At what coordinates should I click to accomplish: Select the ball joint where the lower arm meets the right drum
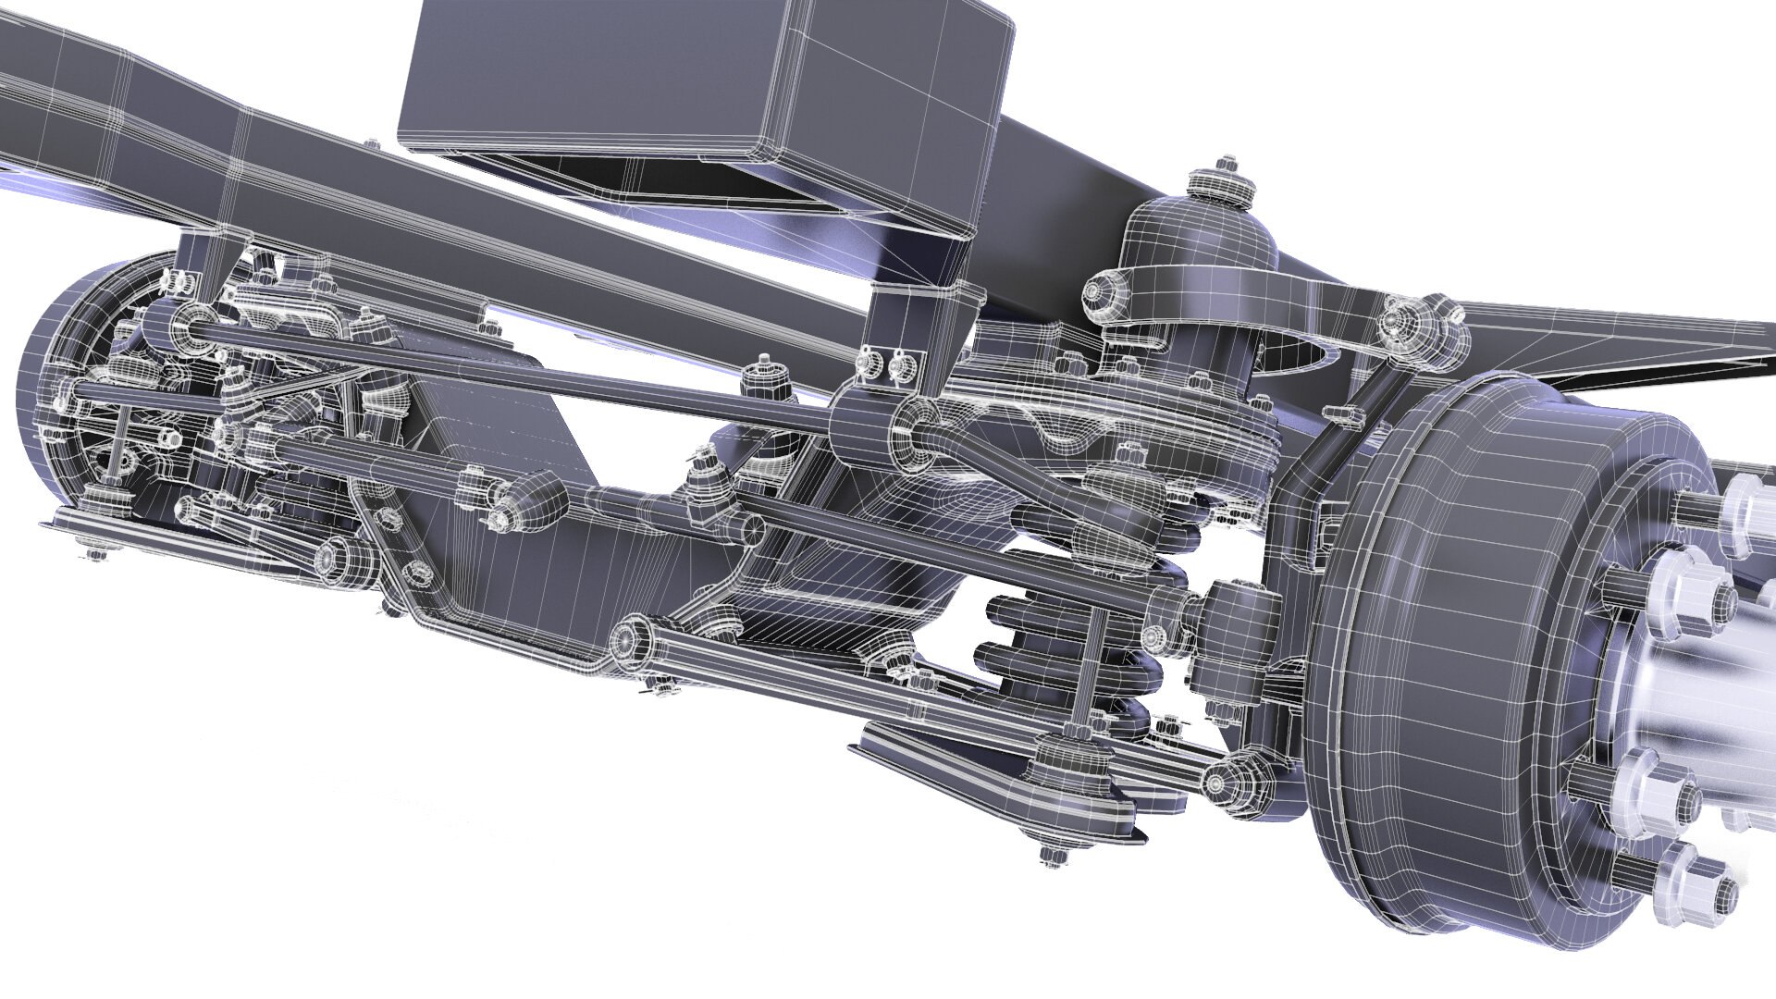pos(1230,777)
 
